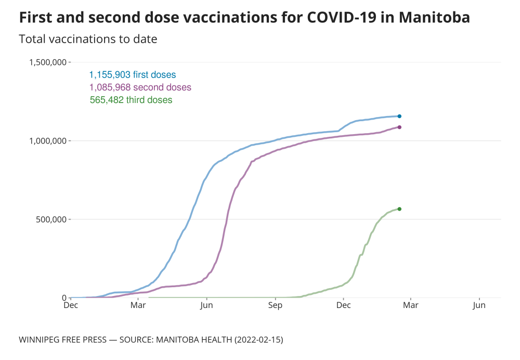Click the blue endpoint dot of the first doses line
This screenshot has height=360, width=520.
[399, 116]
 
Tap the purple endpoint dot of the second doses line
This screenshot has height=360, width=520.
[399, 127]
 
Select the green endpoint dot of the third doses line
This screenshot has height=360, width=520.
[399, 209]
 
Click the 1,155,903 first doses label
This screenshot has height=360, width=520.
[133, 75]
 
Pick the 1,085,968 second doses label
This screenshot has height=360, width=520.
[140, 87]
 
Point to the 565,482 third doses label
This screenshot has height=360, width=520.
[131, 100]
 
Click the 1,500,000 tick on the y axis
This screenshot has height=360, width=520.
[47, 62]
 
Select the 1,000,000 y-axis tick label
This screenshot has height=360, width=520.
[47, 141]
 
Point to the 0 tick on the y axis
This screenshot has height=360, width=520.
[64, 298]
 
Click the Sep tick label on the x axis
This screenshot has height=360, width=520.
[275, 305]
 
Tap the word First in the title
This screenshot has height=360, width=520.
[35, 18]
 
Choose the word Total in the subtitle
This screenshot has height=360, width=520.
[32, 39]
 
